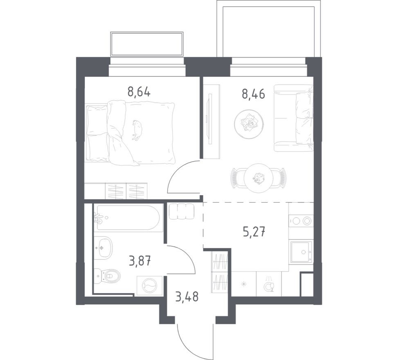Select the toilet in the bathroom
108,277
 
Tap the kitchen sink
301,251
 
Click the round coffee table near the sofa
248,122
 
